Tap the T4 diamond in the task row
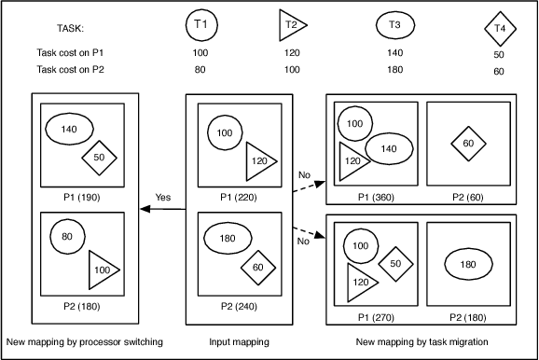pos(501,27)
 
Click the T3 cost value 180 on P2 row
pos(395,70)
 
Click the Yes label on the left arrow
pos(163,197)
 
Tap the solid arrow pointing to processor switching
pos(163,209)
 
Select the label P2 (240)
pos(235,304)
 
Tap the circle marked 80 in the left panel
pos(66,237)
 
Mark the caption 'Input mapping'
pos(235,342)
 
